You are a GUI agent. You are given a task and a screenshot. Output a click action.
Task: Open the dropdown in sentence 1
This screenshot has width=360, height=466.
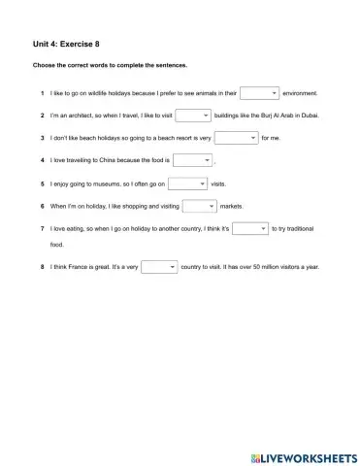click(x=259, y=93)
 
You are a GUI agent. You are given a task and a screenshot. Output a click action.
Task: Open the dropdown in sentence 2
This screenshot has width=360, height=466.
click(x=192, y=116)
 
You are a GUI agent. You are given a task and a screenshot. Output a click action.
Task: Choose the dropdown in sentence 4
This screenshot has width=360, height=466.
click(x=191, y=160)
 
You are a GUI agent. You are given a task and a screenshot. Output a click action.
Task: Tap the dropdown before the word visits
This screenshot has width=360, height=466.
click(x=188, y=183)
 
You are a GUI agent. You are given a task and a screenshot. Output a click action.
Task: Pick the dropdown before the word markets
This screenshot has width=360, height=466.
click(x=200, y=206)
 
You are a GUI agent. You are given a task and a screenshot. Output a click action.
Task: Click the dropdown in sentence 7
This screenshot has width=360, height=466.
click(x=249, y=229)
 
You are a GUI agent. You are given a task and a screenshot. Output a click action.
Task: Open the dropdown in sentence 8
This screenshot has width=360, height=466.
click(x=159, y=267)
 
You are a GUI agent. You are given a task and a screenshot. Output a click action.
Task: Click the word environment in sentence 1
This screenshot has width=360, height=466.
click(x=300, y=94)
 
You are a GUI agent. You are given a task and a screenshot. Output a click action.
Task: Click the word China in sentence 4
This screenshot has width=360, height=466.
click(x=110, y=161)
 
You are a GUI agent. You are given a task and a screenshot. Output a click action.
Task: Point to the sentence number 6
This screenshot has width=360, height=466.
click(x=43, y=207)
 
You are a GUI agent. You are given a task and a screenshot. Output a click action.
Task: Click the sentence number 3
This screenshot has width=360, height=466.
click(x=43, y=139)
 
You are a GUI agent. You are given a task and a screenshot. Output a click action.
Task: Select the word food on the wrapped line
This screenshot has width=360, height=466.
click(x=57, y=245)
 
